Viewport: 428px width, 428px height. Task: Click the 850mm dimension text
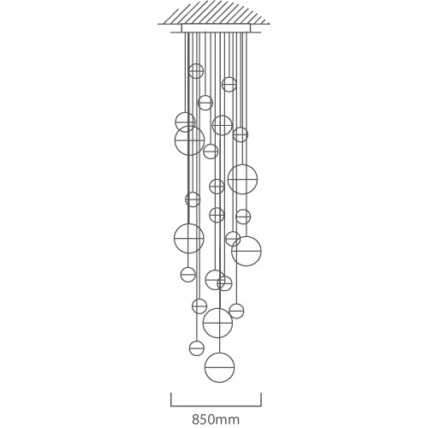pos(216,419)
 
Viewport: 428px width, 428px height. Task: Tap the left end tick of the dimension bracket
pos(171,399)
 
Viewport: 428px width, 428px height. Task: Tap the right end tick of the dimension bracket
pos(260,399)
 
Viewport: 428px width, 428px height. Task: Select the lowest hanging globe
pos(220,367)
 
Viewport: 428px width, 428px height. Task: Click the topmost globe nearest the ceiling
pos(196,71)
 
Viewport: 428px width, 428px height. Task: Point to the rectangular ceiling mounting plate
pos(216,28)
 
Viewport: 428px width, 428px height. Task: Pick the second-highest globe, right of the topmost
pos(229,84)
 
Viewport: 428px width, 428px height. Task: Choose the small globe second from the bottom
pos(197,348)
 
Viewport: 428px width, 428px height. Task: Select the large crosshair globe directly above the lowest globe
pos(217,323)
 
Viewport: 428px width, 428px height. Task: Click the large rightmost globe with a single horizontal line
pos(247,251)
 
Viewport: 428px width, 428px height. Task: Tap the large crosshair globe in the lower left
pos(188,238)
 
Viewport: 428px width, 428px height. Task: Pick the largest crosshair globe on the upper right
pos(242,179)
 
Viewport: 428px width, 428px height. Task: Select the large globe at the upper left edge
pos(189,140)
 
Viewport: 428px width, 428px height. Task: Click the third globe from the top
pos(205,103)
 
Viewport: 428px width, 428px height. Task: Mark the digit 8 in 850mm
pos(196,419)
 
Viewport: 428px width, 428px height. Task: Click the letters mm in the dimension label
pos(229,419)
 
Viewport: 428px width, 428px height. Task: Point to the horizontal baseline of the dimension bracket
pos(216,405)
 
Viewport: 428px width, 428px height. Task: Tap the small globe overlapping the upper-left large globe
pos(184,122)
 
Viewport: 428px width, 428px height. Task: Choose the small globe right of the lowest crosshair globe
pos(236,311)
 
